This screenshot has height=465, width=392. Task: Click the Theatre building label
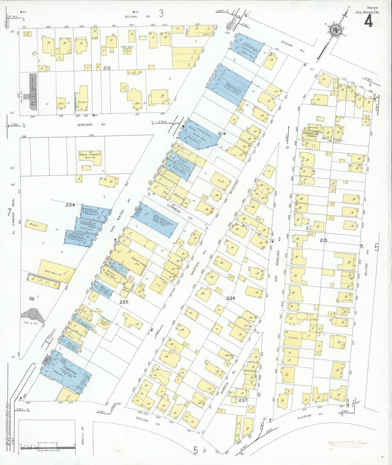click(x=69, y=368)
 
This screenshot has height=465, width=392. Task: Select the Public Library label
click(x=90, y=155)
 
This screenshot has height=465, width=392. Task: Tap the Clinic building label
click(x=82, y=102)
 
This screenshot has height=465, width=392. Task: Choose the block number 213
click(x=107, y=68)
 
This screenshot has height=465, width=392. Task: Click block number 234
click(x=70, y=205)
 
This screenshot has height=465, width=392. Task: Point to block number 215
click(x=323, y=240)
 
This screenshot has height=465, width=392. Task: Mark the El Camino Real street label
click(x=13, y=216)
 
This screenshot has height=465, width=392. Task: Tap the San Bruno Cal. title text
click(x=368, y=12)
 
